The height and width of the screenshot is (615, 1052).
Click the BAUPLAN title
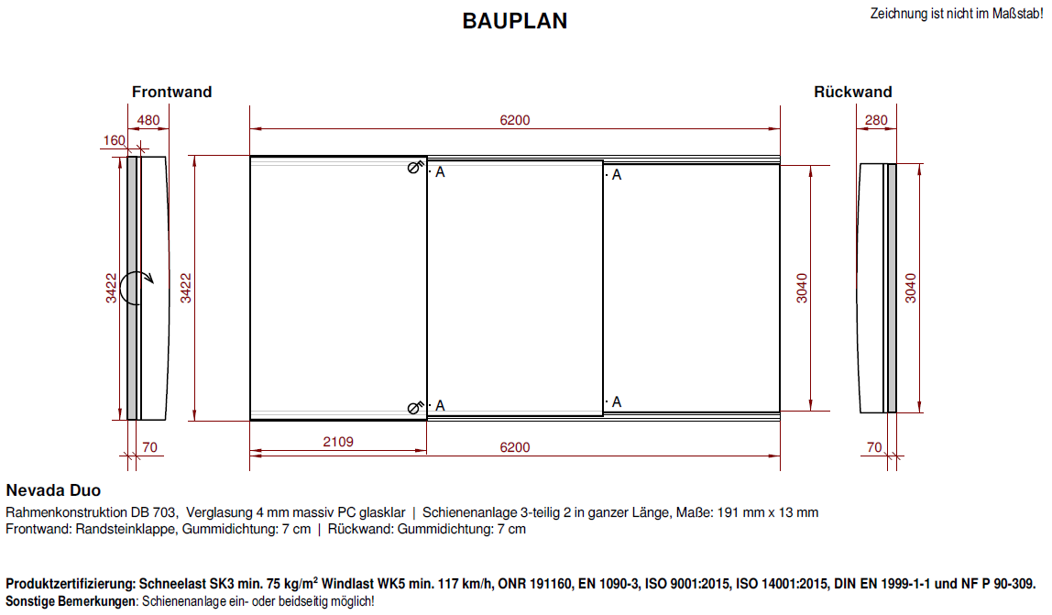(515, 21)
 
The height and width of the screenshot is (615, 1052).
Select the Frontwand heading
(171, 92)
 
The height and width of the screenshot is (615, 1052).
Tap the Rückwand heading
(853, 92)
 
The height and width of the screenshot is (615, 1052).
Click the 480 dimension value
(148, 120)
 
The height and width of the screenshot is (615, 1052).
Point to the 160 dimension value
(114, 140)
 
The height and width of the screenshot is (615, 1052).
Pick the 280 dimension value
(876, 120)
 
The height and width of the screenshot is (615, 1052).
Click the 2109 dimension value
(338, 442)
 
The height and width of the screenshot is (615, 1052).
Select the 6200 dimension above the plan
(515, 120)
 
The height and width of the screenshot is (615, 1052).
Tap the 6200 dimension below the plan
(515, 447)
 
